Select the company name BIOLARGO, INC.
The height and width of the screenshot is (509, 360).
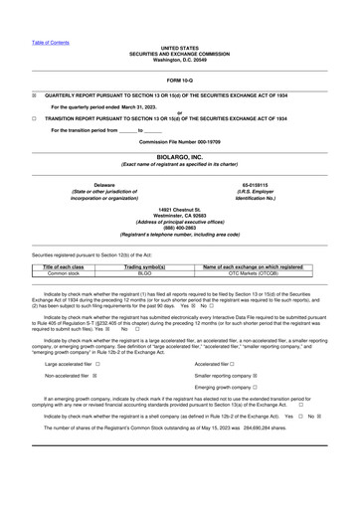(180, 156)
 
